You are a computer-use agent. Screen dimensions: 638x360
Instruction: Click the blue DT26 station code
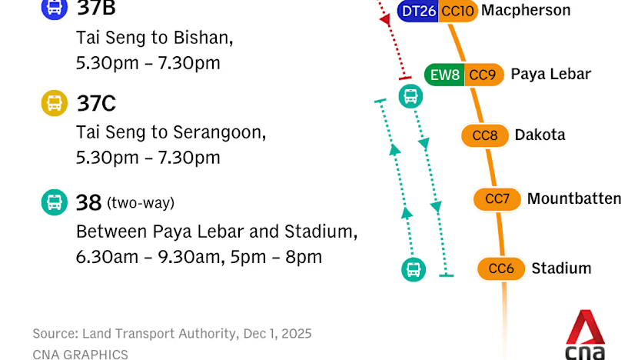tap(418, 11)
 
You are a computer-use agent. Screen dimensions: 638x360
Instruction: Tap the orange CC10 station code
tap(458, 11)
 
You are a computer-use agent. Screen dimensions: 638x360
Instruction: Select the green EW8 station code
tap(444, 75)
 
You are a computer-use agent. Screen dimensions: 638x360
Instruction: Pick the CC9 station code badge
tap(483, 75)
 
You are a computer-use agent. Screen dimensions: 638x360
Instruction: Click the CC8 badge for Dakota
tap(485, 135)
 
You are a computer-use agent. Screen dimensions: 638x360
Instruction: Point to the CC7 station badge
tap(497, 199)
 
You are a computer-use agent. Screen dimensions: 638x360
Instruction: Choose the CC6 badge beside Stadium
tap(501, 268)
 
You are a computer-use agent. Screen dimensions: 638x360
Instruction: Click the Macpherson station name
tap(526, 10)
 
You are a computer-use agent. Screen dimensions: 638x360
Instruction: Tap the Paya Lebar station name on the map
tap(551, 74)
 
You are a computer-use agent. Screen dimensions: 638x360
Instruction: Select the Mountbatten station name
tap(574, 198)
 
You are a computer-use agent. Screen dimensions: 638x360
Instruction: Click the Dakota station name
tap(540, 135)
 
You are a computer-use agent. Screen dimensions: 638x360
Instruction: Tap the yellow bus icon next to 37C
tap(54, 103)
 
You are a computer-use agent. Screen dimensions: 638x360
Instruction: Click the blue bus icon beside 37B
tap(54, 8)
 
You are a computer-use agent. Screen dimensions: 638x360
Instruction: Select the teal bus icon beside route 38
tap(54, 202)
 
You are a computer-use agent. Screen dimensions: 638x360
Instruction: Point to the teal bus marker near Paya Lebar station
tap(410, 96)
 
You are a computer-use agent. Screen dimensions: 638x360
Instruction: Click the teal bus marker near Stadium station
tap(414, 269)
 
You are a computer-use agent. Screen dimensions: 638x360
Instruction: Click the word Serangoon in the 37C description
tap(219, 133)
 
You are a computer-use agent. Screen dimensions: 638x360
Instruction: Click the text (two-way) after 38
tap(141, 203)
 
